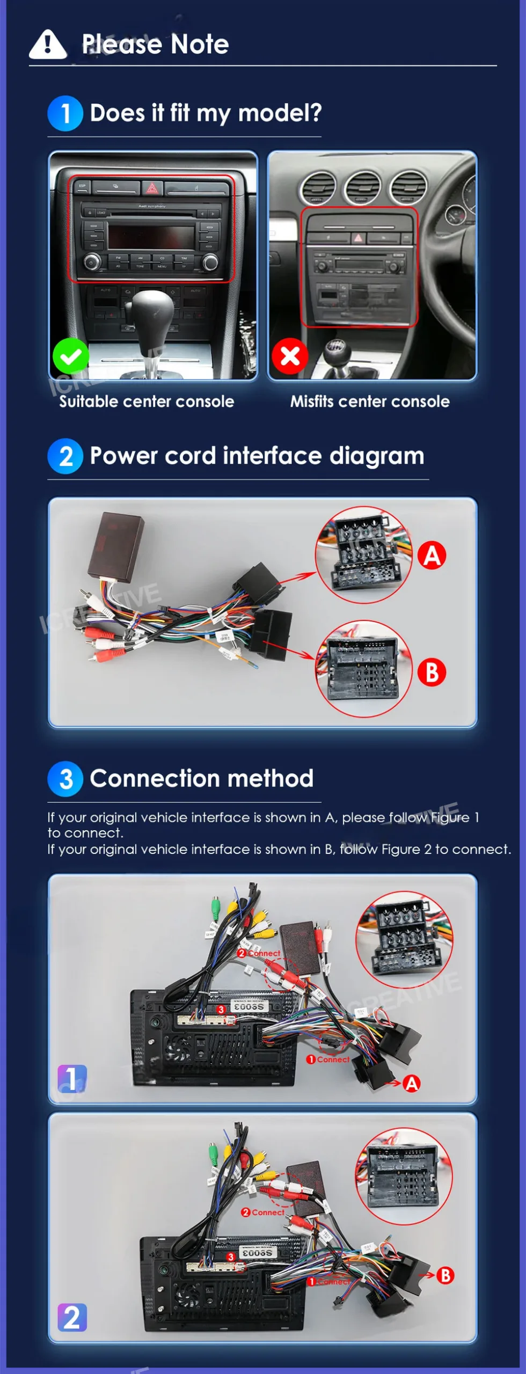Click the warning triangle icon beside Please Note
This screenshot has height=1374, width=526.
[x=48, y=44]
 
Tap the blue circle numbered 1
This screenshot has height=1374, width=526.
[x=65, y=113]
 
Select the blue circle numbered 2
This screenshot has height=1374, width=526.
[x=65, y=456]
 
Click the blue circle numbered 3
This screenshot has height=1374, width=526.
[x=65, y=779]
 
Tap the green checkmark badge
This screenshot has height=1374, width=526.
[x=71, y=356]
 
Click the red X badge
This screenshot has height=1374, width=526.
[x=290, y=356]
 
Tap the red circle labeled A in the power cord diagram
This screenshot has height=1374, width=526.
[x=432, y=555]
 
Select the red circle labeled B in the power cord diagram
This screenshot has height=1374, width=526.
[x=432, y=672]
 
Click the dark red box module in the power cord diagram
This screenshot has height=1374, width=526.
[x=117, y=546]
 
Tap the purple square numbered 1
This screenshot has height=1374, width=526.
[x=72, y=1078]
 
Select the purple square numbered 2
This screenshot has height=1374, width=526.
[x=72, y=1317]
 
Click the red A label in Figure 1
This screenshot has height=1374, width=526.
[x=412, y=1084]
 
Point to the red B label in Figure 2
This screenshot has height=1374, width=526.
[x=445, y=1275]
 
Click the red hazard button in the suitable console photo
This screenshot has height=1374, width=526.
[x=152, y=188]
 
